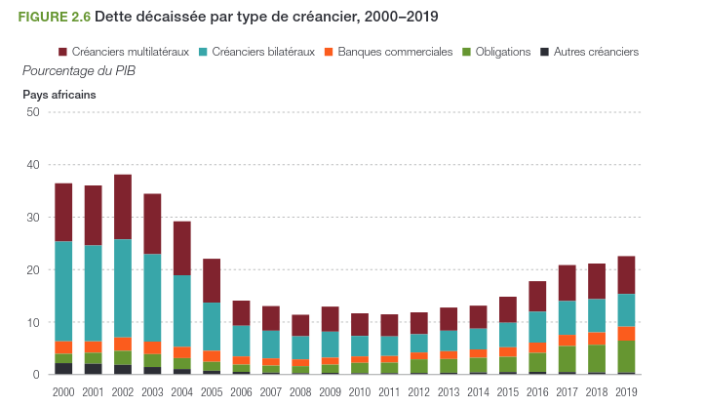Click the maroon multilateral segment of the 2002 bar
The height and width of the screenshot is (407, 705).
[x=123, y=207]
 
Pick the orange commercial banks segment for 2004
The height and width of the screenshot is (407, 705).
[x=182, y=352]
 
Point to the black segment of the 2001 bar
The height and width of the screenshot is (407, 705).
[x=94, y=368]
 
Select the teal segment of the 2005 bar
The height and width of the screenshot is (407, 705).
[x=212, y=326]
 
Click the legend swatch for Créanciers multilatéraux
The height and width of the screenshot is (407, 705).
[x=64, y=52]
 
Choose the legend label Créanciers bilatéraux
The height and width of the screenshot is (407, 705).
[x=263, y=52]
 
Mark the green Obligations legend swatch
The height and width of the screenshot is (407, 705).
[x=467, y=52]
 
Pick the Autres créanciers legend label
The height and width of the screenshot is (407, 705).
[x=596, y=52]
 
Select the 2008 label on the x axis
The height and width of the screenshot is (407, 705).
[x=300, y=391]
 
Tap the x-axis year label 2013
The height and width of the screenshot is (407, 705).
[x=449, y=391]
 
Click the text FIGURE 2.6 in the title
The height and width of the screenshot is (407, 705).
[x=53, y=16]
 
